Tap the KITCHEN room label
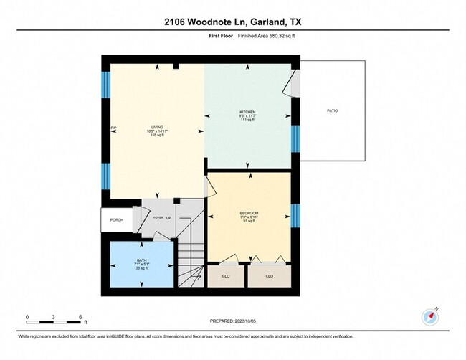coord(248,112)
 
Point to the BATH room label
coord(141,260)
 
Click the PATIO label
coord(332,110)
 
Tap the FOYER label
coord(158,217)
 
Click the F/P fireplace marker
coord(113,128)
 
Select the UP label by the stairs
coord(169,217)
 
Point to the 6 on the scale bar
coord(81,316)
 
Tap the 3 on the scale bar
coord(54,316)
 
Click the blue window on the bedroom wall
coord(294,214)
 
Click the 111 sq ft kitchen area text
coord(248,121)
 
